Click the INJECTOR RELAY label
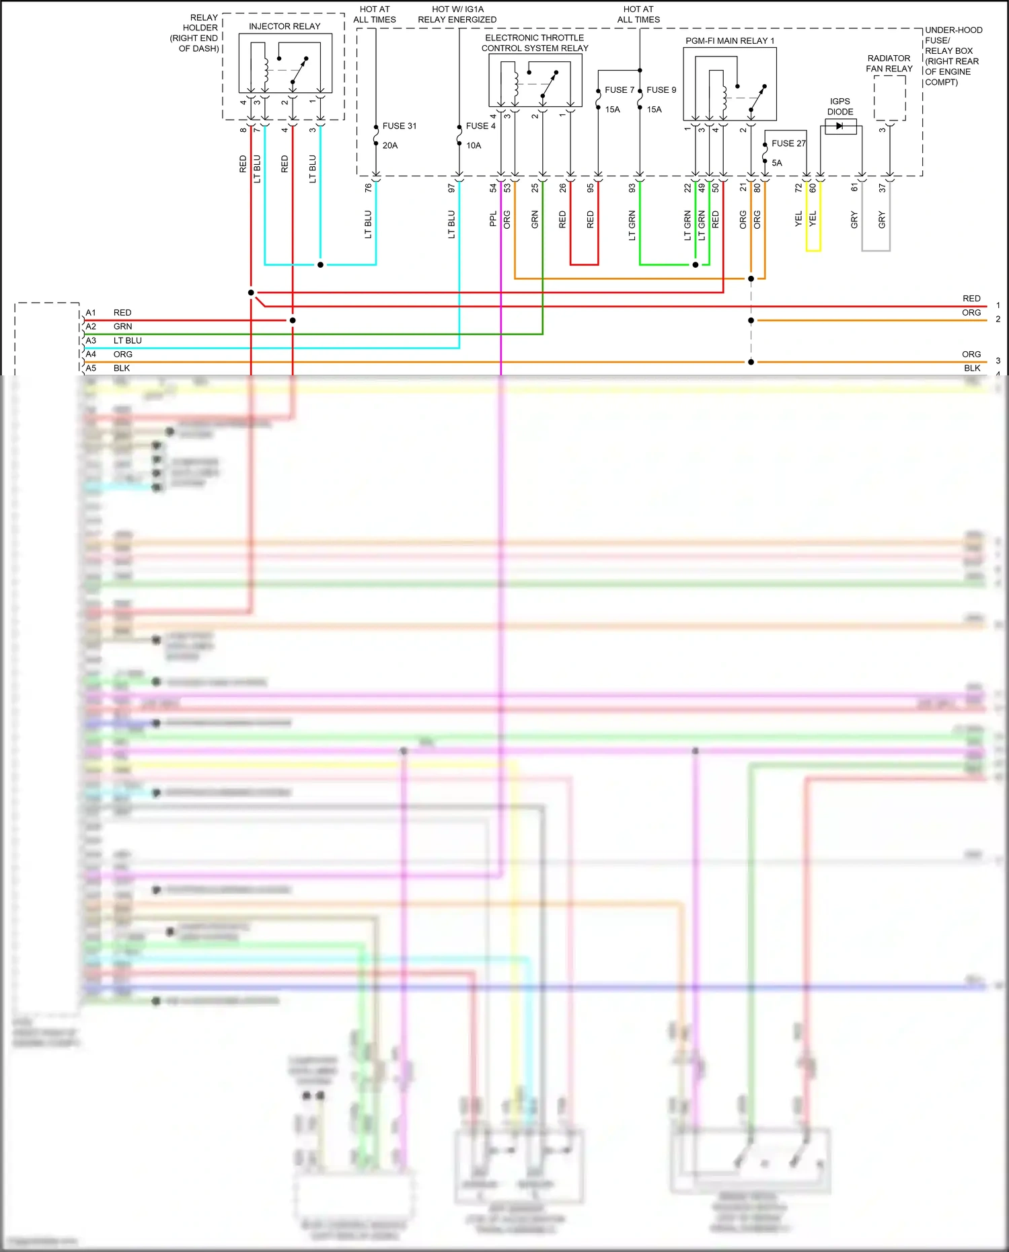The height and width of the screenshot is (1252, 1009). pos(285,26)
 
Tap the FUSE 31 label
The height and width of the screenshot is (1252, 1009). pos(399,126)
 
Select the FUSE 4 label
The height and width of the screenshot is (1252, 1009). pos(480,126)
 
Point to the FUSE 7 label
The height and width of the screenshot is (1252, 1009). pos(619,89)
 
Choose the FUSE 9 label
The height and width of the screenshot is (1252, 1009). pos(661,89)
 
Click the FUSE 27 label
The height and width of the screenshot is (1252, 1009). pos(788,143)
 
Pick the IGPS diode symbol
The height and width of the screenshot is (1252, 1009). pos(840,126)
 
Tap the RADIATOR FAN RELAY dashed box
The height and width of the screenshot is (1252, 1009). pos(889,98)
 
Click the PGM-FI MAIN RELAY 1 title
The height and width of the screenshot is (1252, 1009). pos(730,41)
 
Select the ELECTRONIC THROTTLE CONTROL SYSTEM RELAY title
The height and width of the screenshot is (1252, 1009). pos(535,43)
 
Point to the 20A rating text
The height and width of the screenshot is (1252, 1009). pos(390,145)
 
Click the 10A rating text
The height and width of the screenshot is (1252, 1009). pos(474,145)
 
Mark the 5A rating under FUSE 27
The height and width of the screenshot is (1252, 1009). pos(777,163)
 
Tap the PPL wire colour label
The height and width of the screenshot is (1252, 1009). pos(493,219)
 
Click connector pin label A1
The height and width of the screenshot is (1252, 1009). pos(91,313)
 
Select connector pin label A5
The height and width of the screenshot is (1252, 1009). pos(91,368)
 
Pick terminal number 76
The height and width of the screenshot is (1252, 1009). pos(368,188)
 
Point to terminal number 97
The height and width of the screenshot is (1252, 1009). pos(451,188)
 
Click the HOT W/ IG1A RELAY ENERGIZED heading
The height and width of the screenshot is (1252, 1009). pos(457,14)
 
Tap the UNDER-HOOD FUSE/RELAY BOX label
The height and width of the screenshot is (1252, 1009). pos(953,56)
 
